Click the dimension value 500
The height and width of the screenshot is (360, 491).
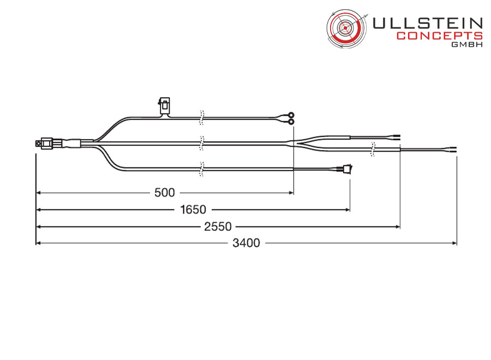point(164,193)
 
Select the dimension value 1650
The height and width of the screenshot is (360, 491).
point(193,209)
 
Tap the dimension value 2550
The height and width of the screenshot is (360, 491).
point(218,226)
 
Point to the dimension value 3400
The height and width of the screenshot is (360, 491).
point(246,243)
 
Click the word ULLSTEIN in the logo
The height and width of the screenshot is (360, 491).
point(427,23)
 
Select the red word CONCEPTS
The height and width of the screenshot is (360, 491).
point(440,35)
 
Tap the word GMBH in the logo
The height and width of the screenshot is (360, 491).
point(467,44)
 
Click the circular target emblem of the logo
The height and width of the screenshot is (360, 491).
point(346,28)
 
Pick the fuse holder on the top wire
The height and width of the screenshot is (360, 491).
point(164,106)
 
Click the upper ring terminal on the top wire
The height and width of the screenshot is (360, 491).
point(291,115)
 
